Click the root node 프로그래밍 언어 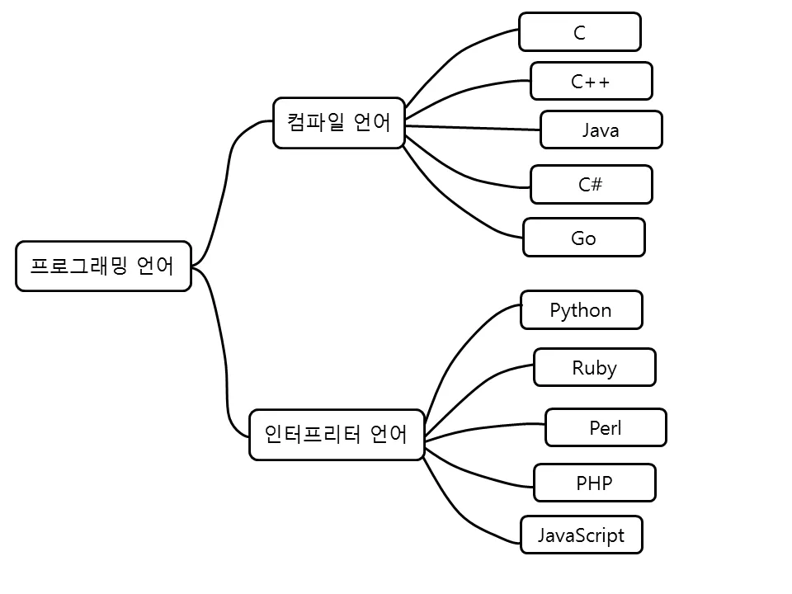[x=103, y=266]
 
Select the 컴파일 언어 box [x=339, y=123]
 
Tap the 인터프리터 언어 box [x=337, y=434]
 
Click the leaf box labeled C [x=580, y=32]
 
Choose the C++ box [x=592, y=81]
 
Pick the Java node [x=601, y=130]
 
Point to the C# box [x=592, y=184]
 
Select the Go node [x=584, y=238]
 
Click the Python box [x=582, y=309]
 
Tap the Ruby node [x=595, y=367]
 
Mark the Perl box [x=606, y=427]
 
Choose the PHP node [x=595, y=483]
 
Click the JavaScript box [x=582, y=535]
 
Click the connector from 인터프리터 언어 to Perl [x=487, y=428]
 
